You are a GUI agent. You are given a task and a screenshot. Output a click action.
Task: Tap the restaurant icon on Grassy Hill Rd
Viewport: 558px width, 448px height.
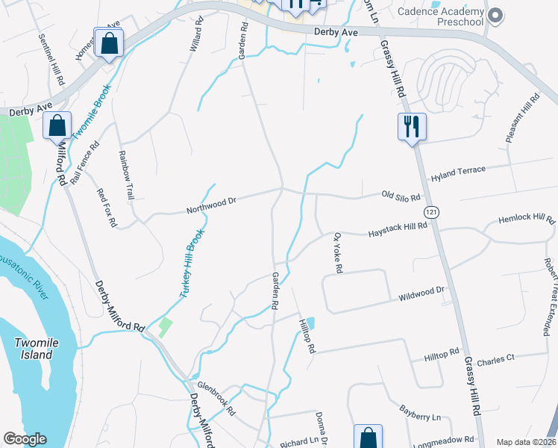(411, 127)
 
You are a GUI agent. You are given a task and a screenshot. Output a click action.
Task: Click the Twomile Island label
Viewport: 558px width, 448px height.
(35, 349)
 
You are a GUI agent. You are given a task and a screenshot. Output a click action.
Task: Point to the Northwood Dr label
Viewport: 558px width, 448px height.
(211, 202)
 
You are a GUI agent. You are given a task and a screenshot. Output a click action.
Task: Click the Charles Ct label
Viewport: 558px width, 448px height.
(495, 358)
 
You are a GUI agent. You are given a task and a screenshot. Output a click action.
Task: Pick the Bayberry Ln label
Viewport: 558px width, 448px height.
(421, 414)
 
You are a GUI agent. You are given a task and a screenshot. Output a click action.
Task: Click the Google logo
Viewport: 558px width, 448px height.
(25, 439)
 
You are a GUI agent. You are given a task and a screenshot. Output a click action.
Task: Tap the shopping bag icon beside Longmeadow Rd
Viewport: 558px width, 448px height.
(368, 438)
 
